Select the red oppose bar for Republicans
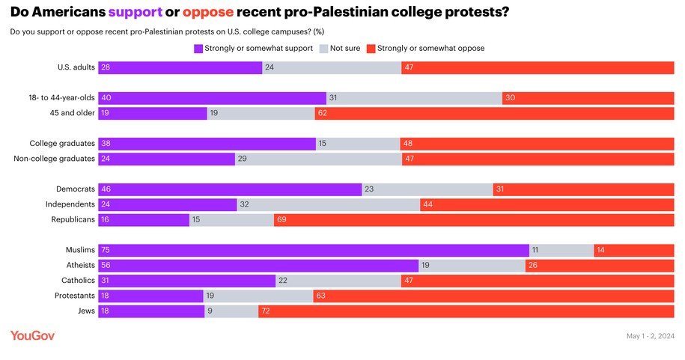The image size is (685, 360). [x=474, y=220]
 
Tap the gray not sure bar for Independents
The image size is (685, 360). [x=328, y=204]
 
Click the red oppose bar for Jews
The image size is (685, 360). [x=466, y=311]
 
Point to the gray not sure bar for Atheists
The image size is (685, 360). [x=472, y=266]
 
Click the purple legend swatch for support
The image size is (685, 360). [x=198, y=49]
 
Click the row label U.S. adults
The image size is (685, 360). [x=76, y=67]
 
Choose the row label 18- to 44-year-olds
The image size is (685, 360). [x=62, y=98]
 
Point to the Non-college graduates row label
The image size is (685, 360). [x=55, y=159]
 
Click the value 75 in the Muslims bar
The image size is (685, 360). [x=106, y=251]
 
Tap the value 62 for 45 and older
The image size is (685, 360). [x=323, y=113]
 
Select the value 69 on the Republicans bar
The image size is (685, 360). [x=282, y=220]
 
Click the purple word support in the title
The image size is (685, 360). [x=136, y=13]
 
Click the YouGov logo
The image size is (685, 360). [x=32, y=336]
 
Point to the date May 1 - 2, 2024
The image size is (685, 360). [x=651, y=336]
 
